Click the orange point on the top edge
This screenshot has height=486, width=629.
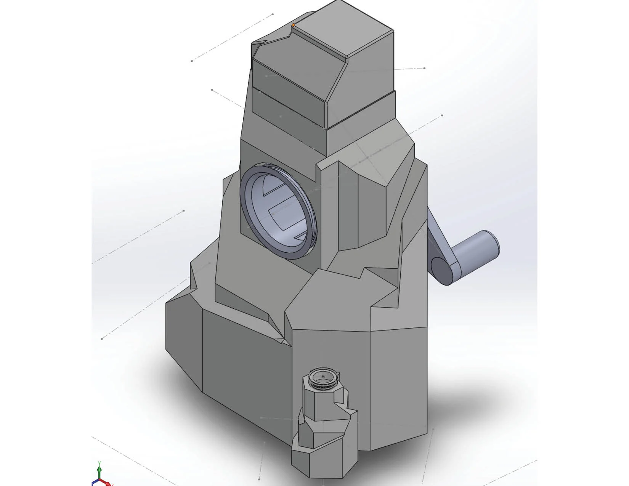point(293,25)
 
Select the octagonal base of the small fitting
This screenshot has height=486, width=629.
point(324,463)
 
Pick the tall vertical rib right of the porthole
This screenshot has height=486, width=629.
point(329,213)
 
